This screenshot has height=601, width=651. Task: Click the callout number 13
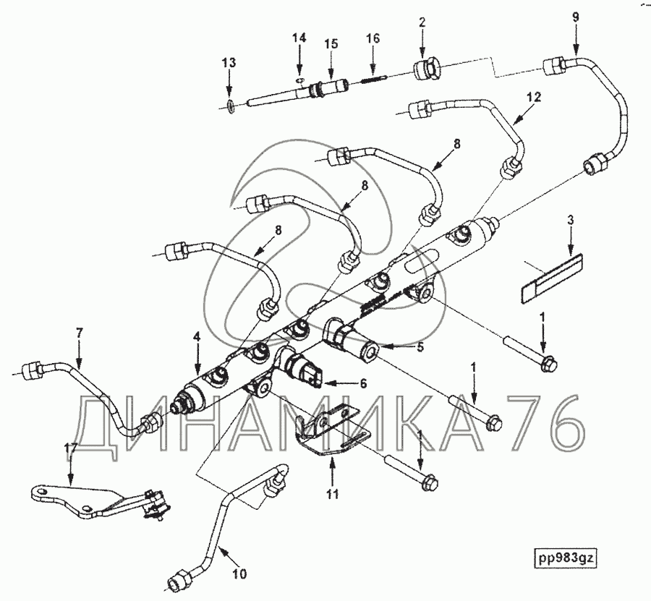coord(229,64)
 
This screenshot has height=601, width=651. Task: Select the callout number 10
coord(239,574)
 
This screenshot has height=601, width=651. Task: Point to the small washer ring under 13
coord(229,107)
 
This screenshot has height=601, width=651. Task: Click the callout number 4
coord(196,336)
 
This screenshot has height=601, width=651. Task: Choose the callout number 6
coord(363,382)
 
